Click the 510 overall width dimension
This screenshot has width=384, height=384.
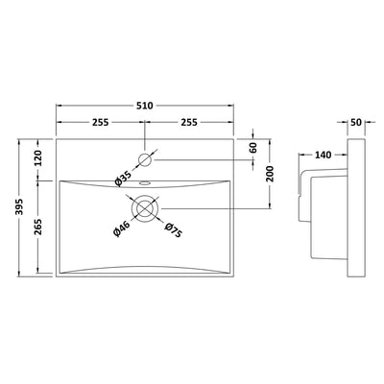(x=145, y=106)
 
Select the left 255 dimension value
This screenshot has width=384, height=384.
(x=101, y=122)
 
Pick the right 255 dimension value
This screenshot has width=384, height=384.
(x=189, y=122)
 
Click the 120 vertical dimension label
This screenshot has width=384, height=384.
(x=38, y=158)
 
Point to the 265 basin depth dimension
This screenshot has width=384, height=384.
(x=38, y=227)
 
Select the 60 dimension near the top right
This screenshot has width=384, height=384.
(x=253, y=148)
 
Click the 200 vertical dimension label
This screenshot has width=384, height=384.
(x=271, y=174)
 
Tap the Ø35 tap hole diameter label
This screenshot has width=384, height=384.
(x=123, y=179)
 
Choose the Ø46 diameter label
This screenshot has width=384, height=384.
(x=122, y=228)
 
